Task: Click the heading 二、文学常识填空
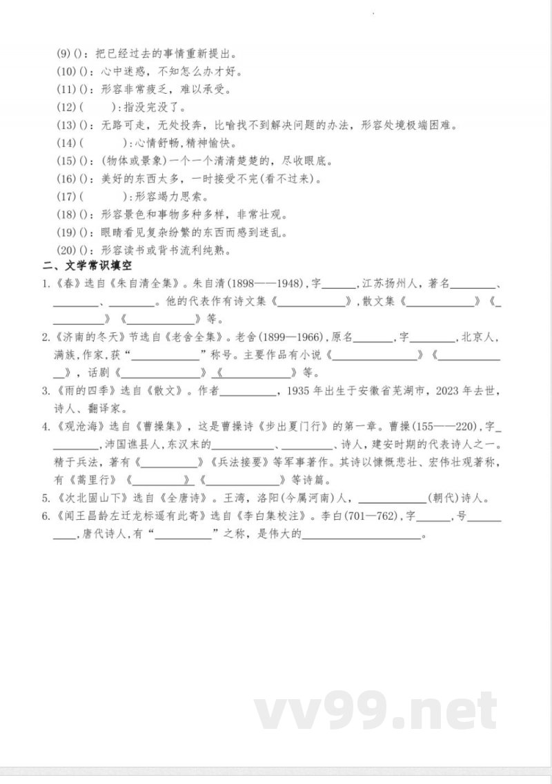coord(87,265)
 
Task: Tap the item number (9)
coord(64,53)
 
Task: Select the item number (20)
coord(66,250)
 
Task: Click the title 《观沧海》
coord(73,427)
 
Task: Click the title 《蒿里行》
coord(96,481)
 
